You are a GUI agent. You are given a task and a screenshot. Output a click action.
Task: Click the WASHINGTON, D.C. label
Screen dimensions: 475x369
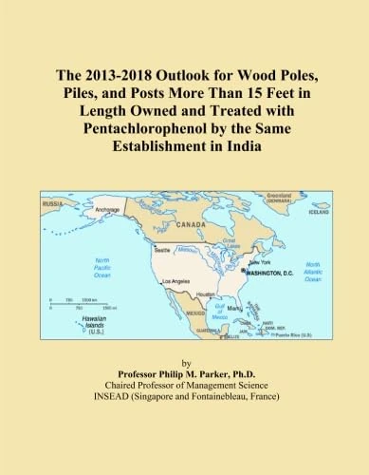271,273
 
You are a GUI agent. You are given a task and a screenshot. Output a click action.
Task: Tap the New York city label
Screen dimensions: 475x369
259,262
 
